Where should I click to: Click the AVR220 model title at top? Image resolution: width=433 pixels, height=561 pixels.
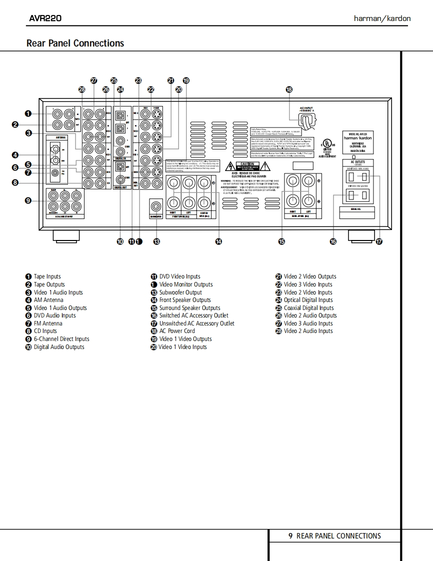[x=45, y=18]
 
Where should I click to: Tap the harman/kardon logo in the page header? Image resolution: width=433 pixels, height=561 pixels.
[x=382, y=18]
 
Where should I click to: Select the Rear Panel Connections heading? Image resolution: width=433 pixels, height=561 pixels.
[x=75, y=43]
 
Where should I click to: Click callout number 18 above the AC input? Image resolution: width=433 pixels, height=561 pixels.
[x=289, y=89]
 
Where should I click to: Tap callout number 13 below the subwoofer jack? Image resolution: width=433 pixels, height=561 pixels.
[x=157, y=241]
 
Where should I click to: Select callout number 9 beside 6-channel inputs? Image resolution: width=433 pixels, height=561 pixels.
[x=28, y=200]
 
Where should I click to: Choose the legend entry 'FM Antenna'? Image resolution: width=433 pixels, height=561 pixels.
[x=48, y=323]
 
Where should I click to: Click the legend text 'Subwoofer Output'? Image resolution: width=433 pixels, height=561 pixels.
[x=180, y=292]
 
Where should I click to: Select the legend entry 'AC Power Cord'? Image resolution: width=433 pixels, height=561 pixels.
[x=177, y=331]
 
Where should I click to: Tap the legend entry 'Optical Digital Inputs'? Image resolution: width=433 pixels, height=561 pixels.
[x=308, y=300]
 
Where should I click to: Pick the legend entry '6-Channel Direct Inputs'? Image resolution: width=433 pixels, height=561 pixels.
[x=61, y=339]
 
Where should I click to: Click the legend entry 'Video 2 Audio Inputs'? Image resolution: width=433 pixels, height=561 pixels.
[x=308, y=331]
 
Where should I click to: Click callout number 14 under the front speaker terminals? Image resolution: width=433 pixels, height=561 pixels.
[x=218, y=241]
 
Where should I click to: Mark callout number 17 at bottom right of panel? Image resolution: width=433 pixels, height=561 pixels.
[x=379, y=241]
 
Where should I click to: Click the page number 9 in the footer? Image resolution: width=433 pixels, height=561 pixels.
[x=290, y=535]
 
